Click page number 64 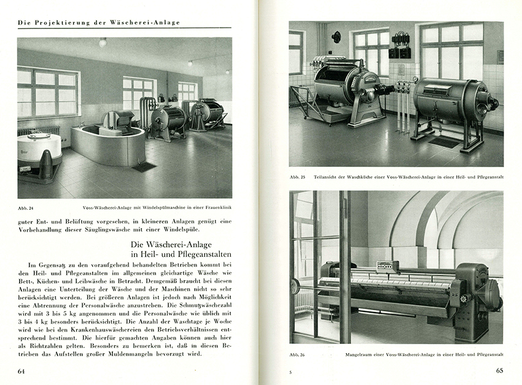tap(21, 371)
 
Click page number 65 tap(499, 371)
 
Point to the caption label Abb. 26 tap(297, 354)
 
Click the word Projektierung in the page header tap(59, 23)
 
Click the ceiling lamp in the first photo tap(103, 42)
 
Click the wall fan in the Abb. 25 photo tap(336, 37)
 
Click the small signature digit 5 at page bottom tap(291, 372)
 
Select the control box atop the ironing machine tap(388, 267)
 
